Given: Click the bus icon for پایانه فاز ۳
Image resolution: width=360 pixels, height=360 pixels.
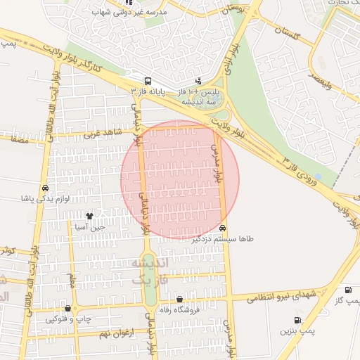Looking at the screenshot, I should [148, 81].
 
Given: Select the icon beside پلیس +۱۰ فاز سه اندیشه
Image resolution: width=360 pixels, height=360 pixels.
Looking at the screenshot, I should [198, 81].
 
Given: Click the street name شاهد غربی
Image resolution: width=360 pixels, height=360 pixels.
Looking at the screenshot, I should [103, 133].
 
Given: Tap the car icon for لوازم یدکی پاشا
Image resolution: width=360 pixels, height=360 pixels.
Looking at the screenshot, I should [46, 188].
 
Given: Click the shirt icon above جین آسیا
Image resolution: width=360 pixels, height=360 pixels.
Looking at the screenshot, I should [89, 216].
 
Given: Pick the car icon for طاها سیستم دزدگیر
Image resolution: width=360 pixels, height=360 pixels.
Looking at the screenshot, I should [223, 228].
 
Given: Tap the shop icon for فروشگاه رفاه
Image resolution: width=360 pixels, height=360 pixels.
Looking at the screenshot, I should [179, 299].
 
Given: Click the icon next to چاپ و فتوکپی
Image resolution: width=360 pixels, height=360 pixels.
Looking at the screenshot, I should [67, 309].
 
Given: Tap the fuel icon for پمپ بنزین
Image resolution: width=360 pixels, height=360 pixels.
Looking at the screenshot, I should [297, 320].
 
